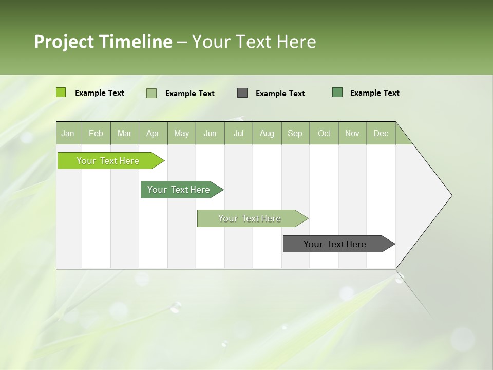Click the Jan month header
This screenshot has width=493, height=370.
point(68,133)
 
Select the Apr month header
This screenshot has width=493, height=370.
point(153,133)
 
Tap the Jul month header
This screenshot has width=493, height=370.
point(238,133)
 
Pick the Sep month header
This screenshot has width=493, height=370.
point(295,133)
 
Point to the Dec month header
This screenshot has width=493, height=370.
point(381,133)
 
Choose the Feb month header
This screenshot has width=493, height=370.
point(96,133)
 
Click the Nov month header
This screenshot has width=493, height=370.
point(352,133)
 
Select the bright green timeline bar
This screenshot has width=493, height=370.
point(108,161)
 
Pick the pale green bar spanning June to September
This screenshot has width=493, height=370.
point(250,218)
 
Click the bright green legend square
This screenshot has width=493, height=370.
point(61,92)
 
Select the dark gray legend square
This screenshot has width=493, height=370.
point(242,93)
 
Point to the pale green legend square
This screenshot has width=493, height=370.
point(151,93)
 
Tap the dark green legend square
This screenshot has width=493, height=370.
point(337,92)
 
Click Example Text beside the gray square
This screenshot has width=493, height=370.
point(280,94)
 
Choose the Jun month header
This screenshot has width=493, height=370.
point(210,133)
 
